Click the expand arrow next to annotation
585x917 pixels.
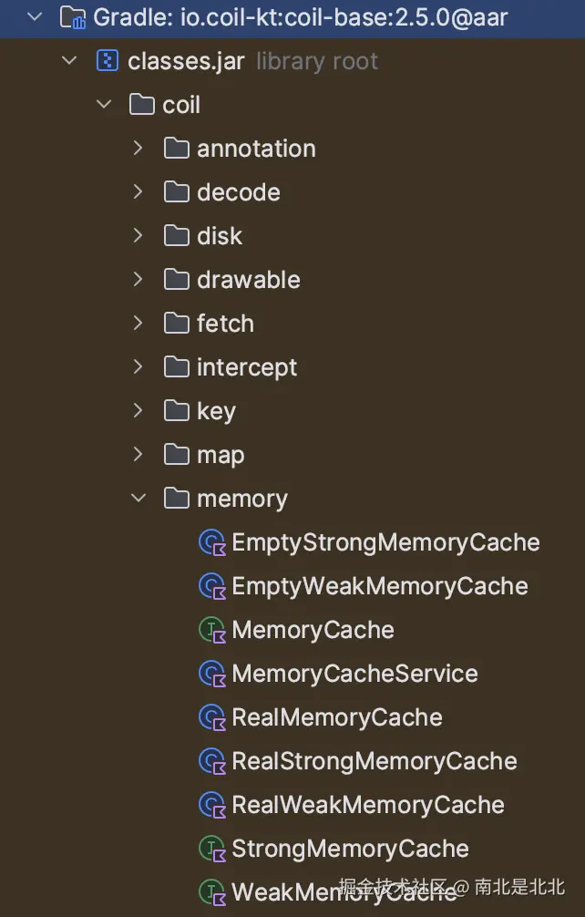coord(139,148)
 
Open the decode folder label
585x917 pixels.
coord(238,192)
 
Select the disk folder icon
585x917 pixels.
coord(176,236)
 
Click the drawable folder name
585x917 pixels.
coord(248,280)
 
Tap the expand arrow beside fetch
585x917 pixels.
coord(139,323)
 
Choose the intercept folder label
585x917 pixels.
coord(247,367)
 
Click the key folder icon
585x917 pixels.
coord(176,411)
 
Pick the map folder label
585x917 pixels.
coord(221,455)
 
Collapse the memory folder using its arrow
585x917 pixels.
coord(139,499)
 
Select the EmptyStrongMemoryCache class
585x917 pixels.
coord(385,542)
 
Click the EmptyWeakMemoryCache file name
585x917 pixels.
coord(379,586)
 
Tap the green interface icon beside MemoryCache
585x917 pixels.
coord(211,630)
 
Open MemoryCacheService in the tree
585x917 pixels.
coord(354,674)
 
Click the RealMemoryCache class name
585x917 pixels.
coord(336,717)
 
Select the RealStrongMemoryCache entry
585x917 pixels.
coord(374,761)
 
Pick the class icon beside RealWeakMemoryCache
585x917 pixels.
coord(211,805)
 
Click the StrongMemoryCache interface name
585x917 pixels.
coord(350,849)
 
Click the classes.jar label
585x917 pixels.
coord(187,61)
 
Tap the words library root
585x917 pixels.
coord(317,61)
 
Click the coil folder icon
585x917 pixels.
coord(141,105)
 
